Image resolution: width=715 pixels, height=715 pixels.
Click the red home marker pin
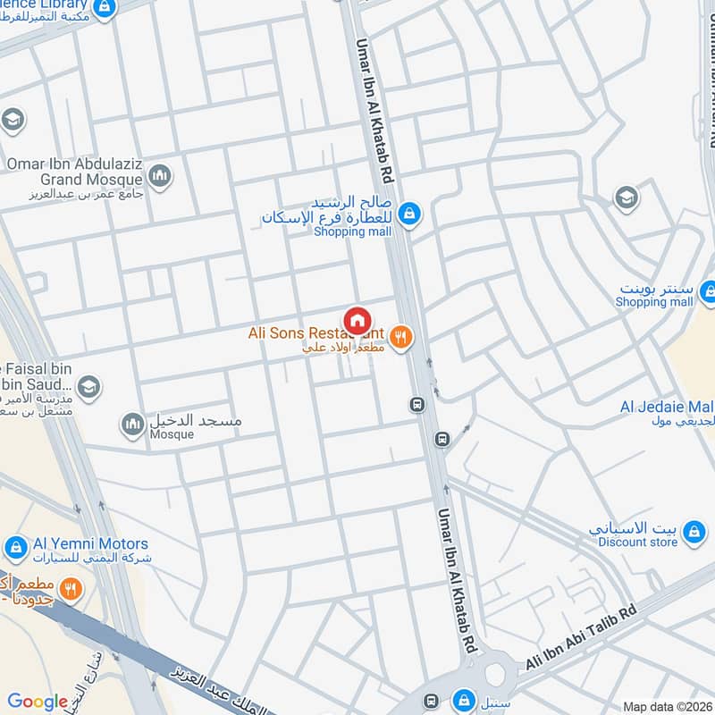(x=357, y=321)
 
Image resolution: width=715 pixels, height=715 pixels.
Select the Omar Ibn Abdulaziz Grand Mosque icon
(x=161, y=175)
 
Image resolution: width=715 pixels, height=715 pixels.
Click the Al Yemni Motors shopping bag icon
(x=15, y=545)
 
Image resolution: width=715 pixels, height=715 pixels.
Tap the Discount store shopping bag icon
(x=694, y=534)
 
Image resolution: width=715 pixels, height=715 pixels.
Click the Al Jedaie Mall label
(x=667, y=408)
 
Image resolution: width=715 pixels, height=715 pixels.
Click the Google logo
(x=38, y=702)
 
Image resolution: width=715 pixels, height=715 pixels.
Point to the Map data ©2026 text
(x=668, y=706)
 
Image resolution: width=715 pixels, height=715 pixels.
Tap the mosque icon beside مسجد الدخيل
(x=133, y=424)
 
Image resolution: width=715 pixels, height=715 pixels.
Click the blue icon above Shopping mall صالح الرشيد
(x=409, y=213)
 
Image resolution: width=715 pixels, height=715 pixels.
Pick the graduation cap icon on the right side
(x=627, y=197)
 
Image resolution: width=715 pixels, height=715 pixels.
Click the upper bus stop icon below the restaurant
(x=416, y=405)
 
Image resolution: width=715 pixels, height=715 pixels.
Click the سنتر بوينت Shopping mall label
(x=654, y=296)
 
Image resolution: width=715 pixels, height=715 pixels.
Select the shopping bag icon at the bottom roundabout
(x=463, y=699)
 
